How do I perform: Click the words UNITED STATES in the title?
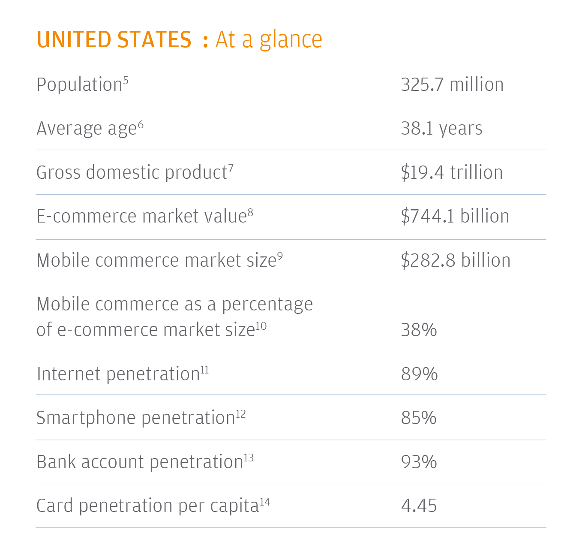pos(114,39)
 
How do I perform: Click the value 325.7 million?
pos(452,84)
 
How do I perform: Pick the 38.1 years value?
pos(441,129)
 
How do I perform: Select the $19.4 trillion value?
pos(452,172)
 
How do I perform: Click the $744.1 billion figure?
pos(455,216)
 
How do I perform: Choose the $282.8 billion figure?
pos(456,260)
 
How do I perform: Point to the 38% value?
pos(419,330)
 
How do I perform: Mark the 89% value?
pos(419,374)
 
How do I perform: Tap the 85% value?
pos(419,418)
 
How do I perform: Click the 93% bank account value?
pos(419,462)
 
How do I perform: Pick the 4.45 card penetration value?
pos(419,506)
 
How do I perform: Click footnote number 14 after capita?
pos(265,502)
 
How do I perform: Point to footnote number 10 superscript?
pos(261,326)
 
